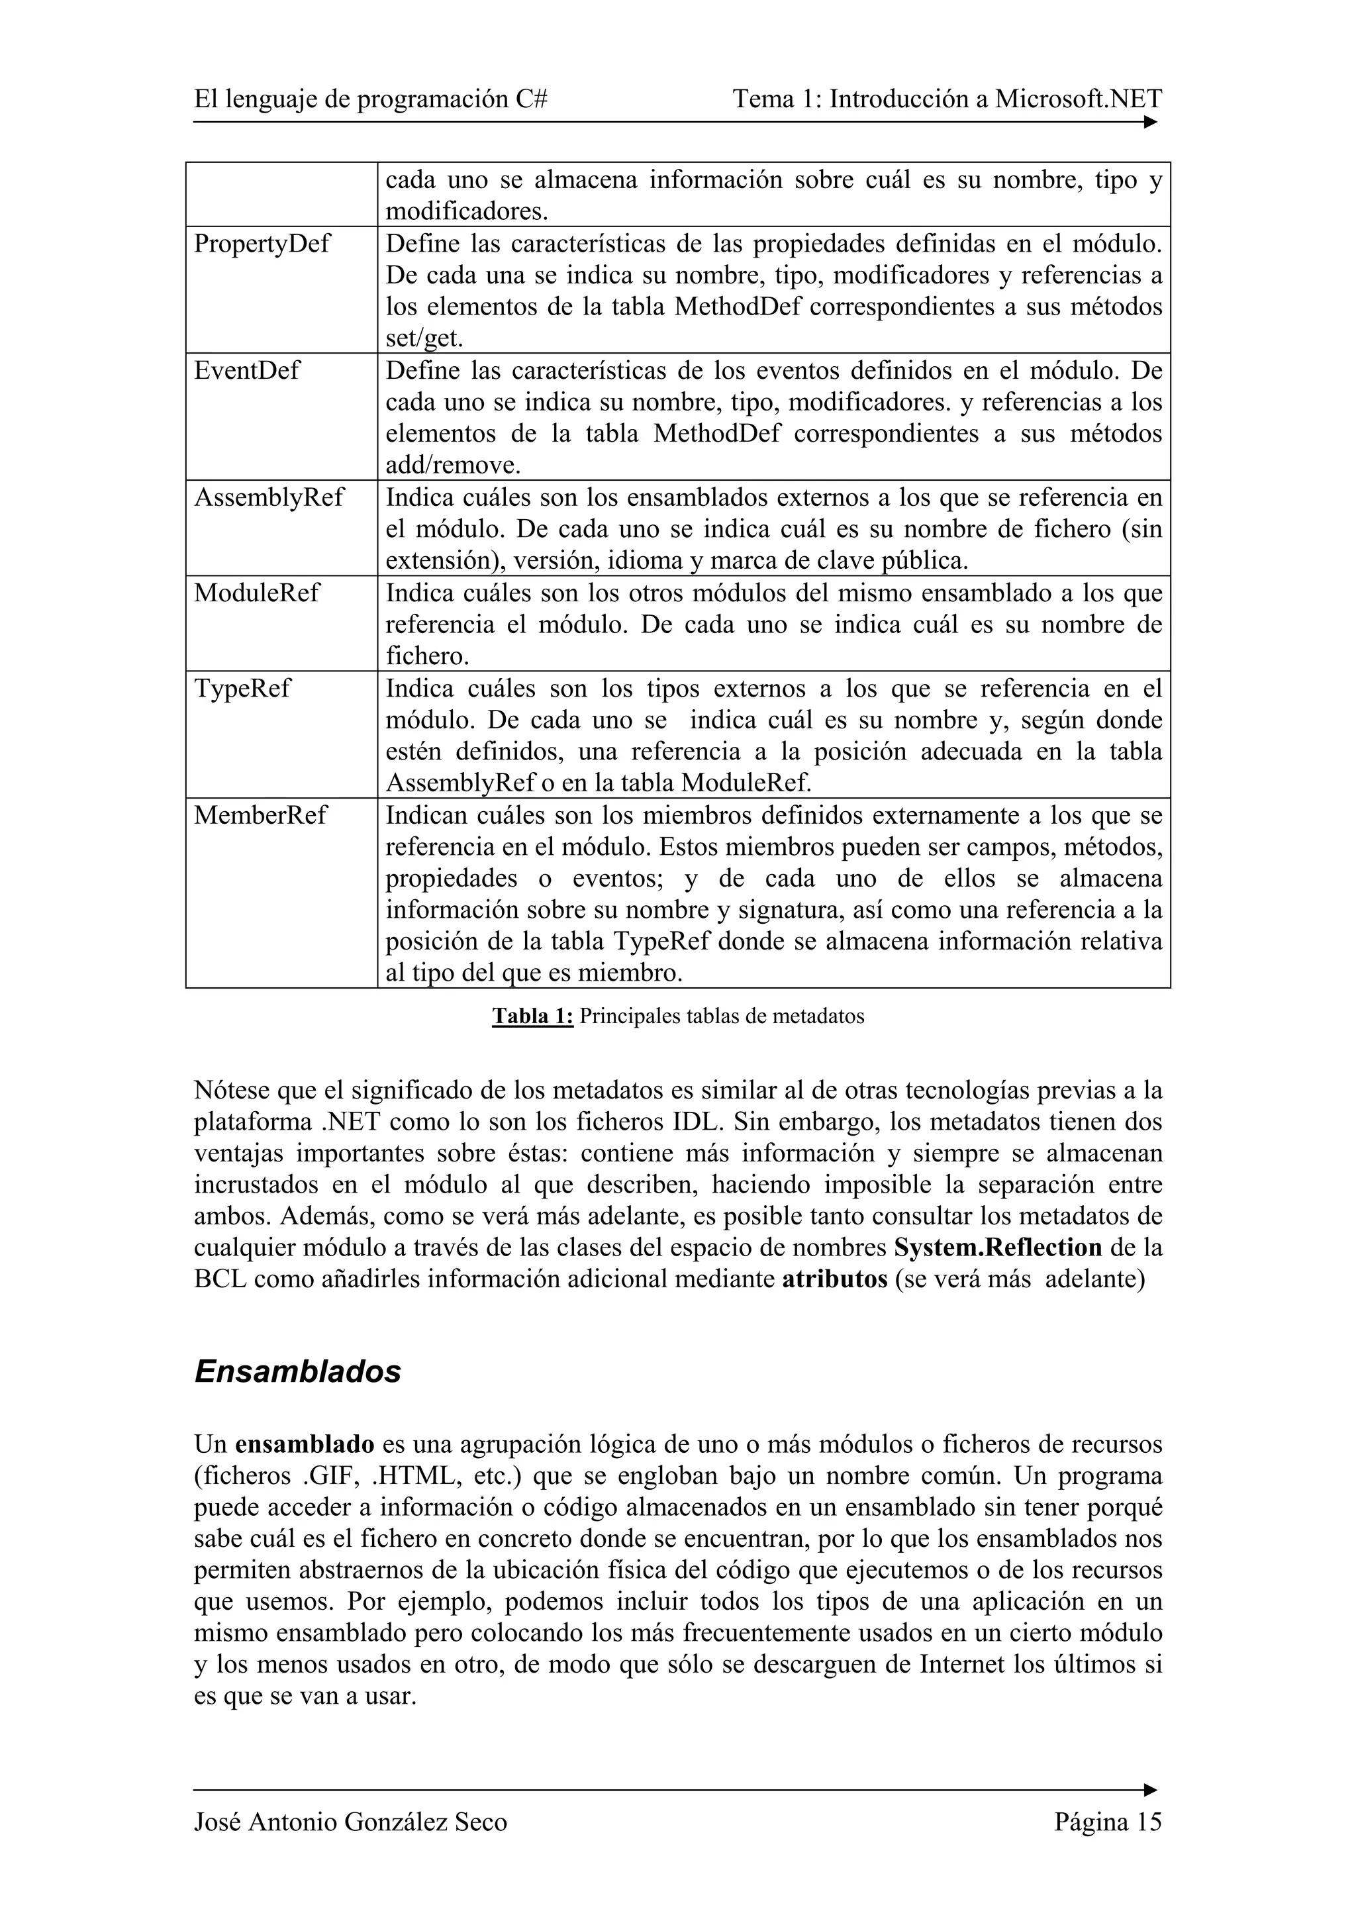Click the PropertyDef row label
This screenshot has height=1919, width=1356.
[x=262, y=244]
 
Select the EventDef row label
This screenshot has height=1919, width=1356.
[x=246, y=370]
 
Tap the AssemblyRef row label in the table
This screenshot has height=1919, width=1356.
[x=268, y=497]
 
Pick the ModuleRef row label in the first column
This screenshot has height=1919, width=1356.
[x=256, y=593]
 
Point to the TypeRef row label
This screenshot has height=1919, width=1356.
[x=242, y=689]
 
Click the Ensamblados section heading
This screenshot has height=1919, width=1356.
[x=297, y=1371]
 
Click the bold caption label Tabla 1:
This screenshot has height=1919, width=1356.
[x=532, y=1016]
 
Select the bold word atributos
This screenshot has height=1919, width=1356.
[x=834, y=1279]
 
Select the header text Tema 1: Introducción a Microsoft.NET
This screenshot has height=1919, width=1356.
[x=947, y=99]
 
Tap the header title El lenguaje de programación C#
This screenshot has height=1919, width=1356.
[x=371, y=99]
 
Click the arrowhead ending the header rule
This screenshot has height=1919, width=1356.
[x=1151, y=122]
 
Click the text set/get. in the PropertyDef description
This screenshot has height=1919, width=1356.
[x=424, y=338]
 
